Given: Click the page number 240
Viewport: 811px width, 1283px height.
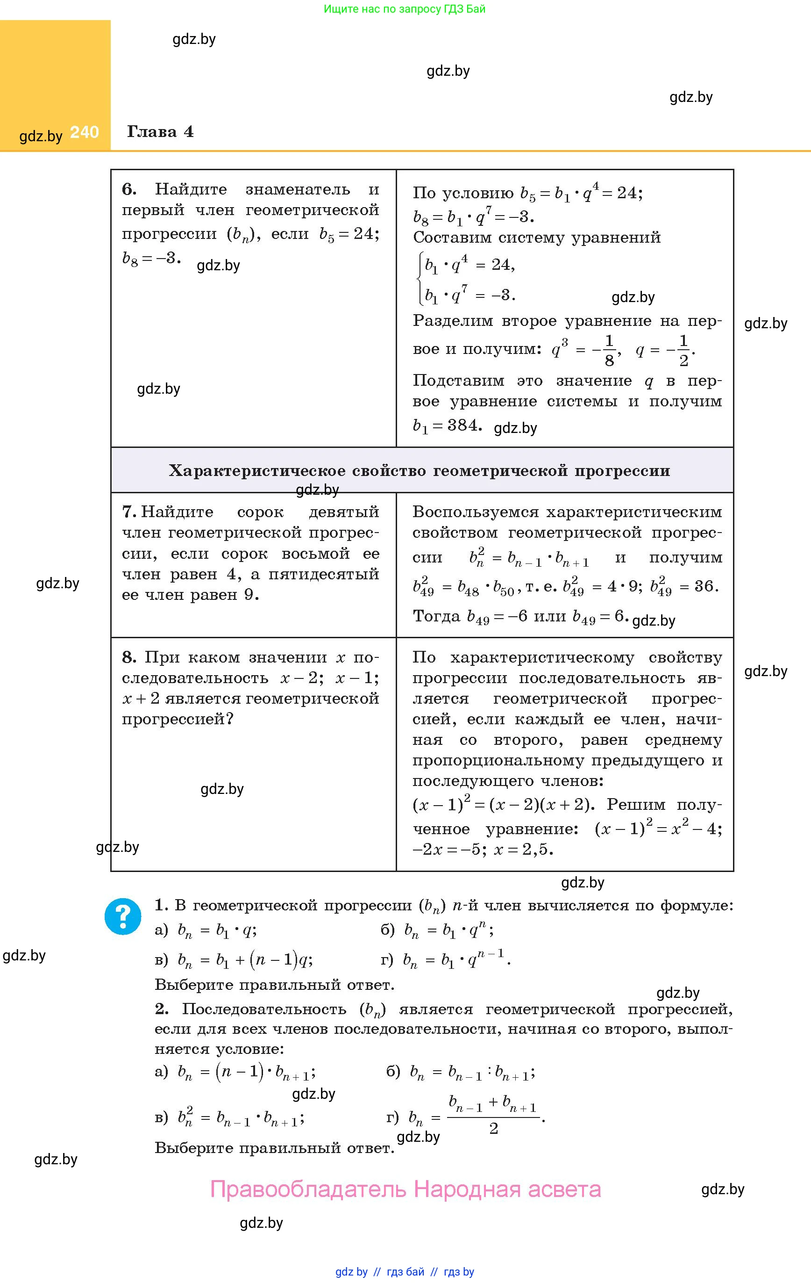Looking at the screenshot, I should click(84, 132).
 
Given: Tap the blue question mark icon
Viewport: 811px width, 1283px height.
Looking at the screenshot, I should click(123, 916).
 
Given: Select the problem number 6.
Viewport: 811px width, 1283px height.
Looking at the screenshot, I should click(129, 189).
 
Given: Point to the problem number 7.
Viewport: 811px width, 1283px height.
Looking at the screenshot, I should click(129, 512).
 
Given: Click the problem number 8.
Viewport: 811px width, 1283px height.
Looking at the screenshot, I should click(129, 657).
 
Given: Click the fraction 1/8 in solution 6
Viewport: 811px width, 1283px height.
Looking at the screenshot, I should click(609, 351).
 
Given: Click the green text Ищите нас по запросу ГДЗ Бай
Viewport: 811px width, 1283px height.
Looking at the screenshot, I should click(405, 9).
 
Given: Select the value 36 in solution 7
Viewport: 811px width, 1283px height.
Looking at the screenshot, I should click(704, 587).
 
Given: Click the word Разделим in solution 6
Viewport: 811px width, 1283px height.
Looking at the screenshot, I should click(450, 321).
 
